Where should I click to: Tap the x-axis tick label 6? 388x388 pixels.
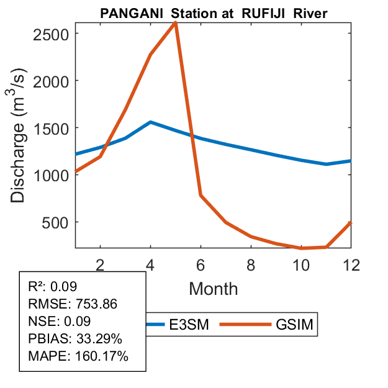[201, 264]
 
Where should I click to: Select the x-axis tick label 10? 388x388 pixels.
[301, 264]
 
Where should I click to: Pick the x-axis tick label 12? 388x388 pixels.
[351, 264]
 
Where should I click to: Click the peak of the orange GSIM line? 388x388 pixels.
[176, 23]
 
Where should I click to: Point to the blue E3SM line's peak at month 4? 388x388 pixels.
[151, 122]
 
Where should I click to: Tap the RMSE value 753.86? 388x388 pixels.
[96, 304]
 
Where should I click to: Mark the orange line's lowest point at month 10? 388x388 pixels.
[301, 248]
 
